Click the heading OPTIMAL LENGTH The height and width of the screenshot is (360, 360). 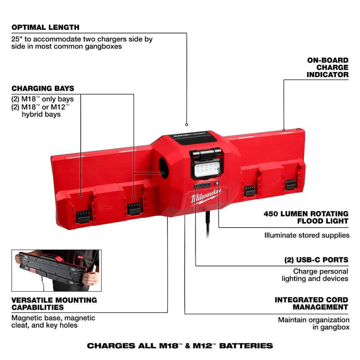[45, 27]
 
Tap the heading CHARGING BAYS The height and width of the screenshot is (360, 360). [43, 88]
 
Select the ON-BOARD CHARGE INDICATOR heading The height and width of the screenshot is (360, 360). [328, 67]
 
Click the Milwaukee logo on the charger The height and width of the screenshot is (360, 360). [206, 197]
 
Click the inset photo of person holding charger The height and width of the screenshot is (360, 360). [57, 271]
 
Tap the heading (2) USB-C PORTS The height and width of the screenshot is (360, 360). [316, 260]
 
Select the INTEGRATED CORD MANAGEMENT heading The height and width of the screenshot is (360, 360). [311, 303]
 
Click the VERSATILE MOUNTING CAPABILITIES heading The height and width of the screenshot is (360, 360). [54, 303]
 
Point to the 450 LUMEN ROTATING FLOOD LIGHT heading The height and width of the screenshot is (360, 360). [306, 217]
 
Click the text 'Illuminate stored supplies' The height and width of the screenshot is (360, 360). [307, 235]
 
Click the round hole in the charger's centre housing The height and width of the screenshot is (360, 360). [164, 169]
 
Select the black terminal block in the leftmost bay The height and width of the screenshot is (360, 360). [83, 217]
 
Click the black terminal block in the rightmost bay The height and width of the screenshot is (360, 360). [290, 184]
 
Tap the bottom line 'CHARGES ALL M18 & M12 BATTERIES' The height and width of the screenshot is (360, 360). [180, 346]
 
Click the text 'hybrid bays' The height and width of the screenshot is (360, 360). [41, 114]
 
